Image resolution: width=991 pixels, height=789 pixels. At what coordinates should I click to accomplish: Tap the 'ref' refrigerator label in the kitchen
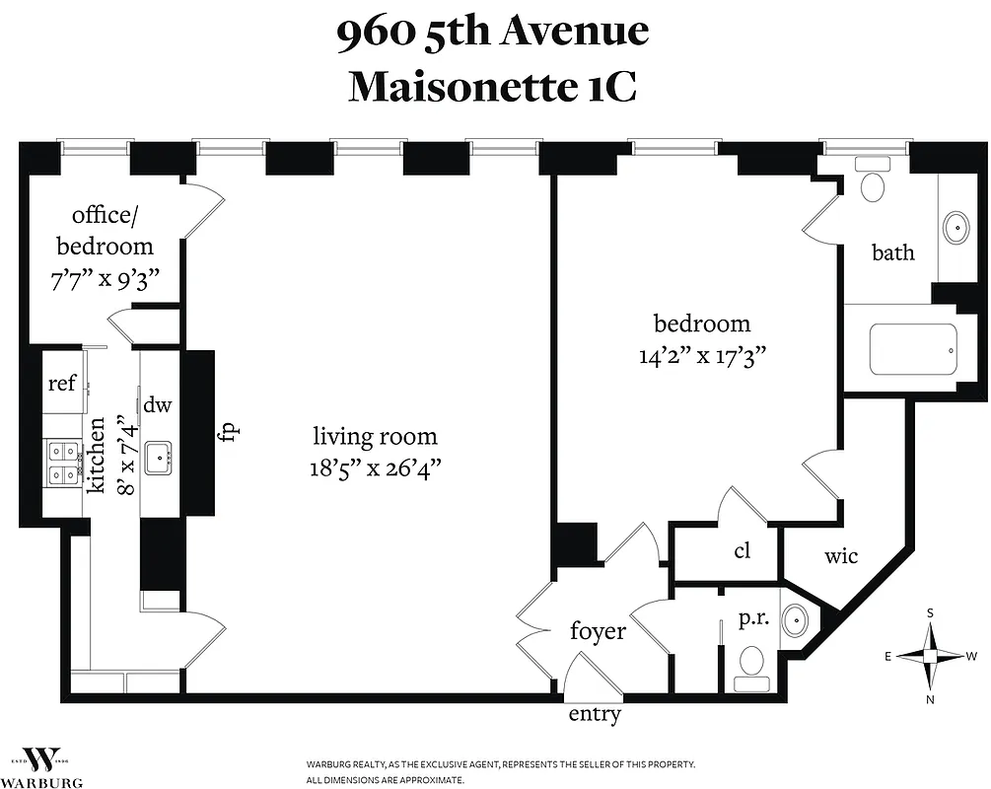[x=62, y=383]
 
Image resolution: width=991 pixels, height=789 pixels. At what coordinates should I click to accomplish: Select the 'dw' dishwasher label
[x=158, y=404]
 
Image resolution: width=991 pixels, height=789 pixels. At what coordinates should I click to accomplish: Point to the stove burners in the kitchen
[x=62, y=463]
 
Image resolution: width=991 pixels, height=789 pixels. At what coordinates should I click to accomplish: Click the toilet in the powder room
[x=752, y=666]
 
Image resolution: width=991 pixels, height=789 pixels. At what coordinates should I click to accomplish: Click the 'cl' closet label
[x=743, y=550]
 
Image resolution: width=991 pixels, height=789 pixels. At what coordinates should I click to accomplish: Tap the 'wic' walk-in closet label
[x=840, y=556]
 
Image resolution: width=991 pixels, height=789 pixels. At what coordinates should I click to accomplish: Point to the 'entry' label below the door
[x=595, y=715]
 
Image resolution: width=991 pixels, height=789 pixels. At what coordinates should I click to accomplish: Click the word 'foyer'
[x=598, y=630]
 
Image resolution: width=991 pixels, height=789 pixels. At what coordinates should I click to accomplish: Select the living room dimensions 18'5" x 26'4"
[x=375, y=466]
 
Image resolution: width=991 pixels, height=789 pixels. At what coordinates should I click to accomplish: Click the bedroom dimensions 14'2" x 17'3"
[x=702, y=355]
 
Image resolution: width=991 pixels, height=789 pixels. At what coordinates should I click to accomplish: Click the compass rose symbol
[x=930, y=656]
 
